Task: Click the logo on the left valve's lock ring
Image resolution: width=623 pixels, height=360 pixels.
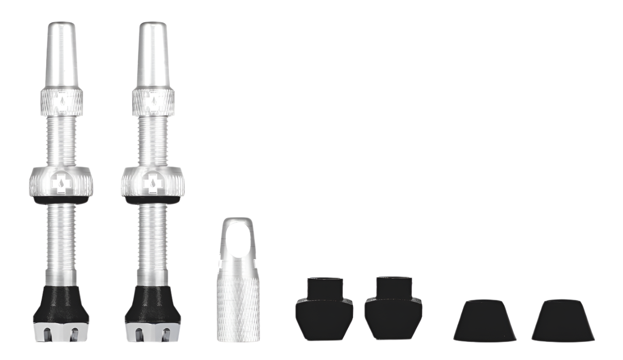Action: [61, 182]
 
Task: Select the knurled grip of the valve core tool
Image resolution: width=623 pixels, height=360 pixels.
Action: [238, 309]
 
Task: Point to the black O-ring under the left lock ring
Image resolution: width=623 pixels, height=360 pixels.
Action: [61, 199]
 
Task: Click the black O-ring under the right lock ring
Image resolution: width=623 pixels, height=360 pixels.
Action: [153, 199]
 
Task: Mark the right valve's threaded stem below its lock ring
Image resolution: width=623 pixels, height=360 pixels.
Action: [153, 242]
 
